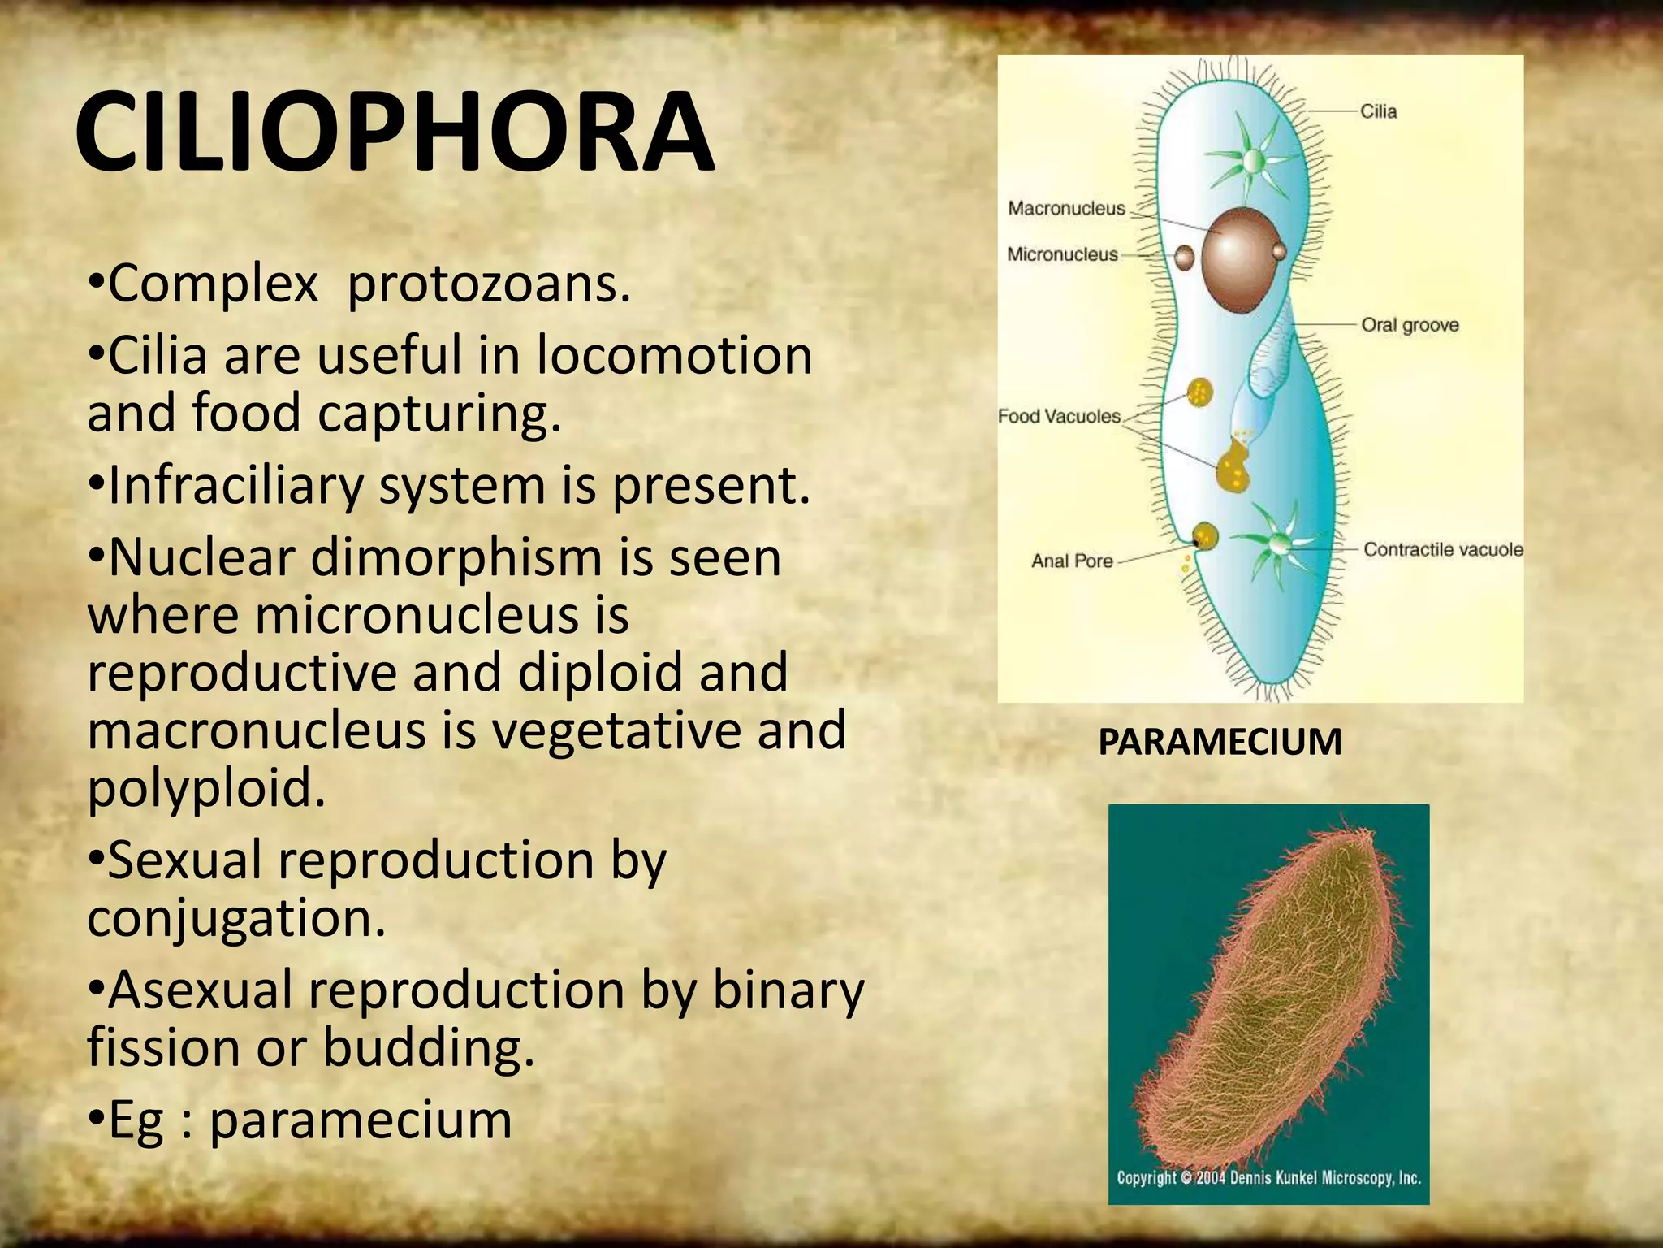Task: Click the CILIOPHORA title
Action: click(395, 132)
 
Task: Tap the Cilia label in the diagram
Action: click(1378, 111)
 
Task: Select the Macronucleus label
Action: click(1066, 208)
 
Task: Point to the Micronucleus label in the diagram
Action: click(1062, 254)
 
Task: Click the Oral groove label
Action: click(1410, 325)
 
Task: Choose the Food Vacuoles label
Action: click(1059, 416)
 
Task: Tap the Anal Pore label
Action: click(1072, 561)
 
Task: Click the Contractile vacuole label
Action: click(1443, 549)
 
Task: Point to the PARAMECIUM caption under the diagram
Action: click(1220, 742)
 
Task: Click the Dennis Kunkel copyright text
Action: click(1268, 1177)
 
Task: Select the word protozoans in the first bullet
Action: click(489, 284)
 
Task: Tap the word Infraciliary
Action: click(236, 486)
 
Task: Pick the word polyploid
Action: click(206, 788)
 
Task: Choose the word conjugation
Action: click(236, 918)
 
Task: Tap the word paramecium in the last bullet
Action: click(361, 1120)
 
